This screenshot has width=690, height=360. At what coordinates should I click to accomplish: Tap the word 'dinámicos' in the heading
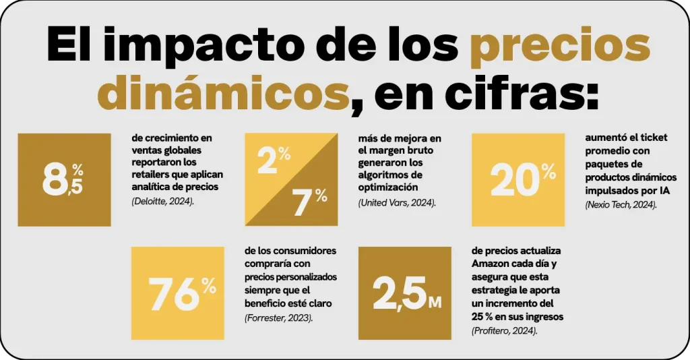pyautogui.click(x=225, y=94)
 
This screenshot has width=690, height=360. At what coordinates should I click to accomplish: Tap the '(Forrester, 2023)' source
pyautogui.click(x=278, y=317)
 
